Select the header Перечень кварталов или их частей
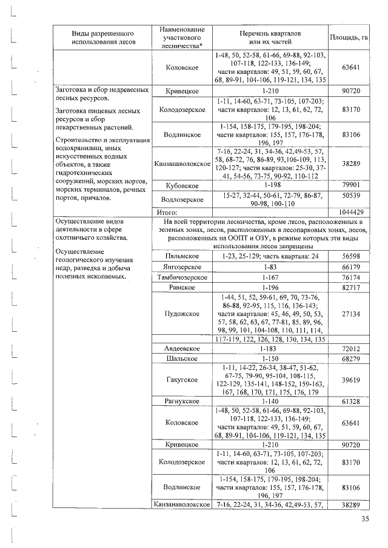tap(270, 38)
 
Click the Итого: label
tap(166, 213)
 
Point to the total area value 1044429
tap(349, 213)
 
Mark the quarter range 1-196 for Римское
tap(270, 287)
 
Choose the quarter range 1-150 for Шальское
tap(270, 359)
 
